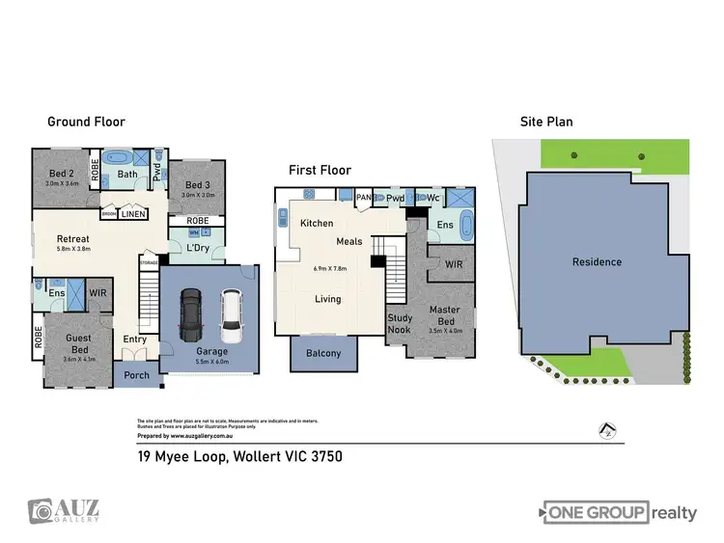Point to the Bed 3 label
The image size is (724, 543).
click(x=197, y=184)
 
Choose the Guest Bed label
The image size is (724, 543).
click(x=79, y=343)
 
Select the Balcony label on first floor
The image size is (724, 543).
click(x=323, y=353)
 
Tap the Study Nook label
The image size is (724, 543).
click(x=400, y=323)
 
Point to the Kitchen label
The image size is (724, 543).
click(x=317, y=223)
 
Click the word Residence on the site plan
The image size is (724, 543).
click(x=596, y=261)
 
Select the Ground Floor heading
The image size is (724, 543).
click(x=86, y=122)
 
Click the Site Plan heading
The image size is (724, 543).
click(x=546, y=122)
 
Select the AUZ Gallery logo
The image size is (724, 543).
click(x=64, y=511)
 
